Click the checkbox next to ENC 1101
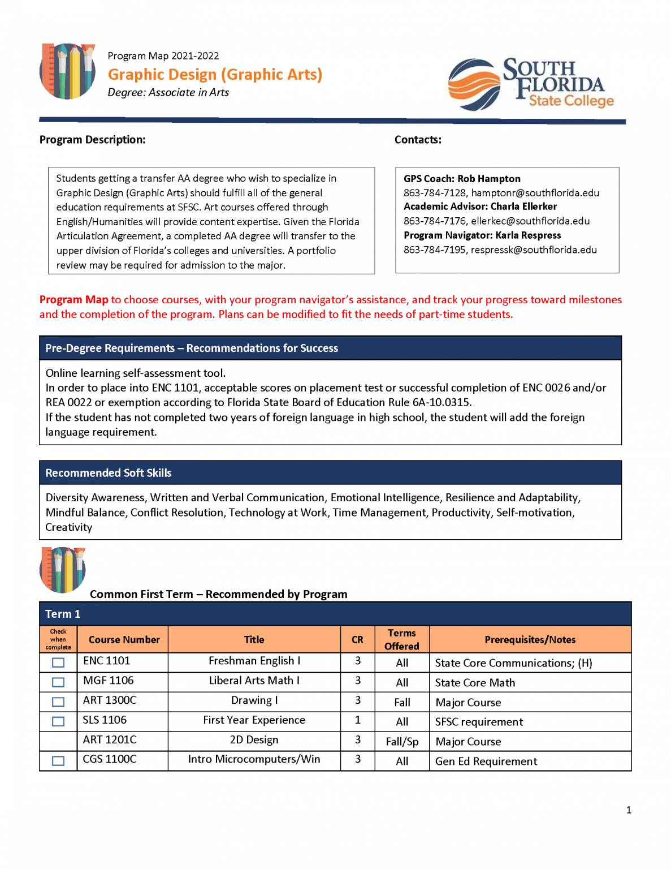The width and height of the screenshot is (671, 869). [58, 662]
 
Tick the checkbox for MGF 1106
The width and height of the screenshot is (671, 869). [58, 682]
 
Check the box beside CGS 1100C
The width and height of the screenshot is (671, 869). [58, 761]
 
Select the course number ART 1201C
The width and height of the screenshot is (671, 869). [110, 740]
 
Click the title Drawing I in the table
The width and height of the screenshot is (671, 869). [254, 700]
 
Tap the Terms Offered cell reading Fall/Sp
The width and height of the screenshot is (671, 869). [402, 742]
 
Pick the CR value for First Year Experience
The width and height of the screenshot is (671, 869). [358, 720]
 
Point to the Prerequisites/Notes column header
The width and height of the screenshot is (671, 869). [530, 640]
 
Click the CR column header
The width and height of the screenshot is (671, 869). [357, 640]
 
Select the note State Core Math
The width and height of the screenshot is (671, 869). [475, 683]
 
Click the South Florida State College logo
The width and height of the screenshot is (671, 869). [531, 84]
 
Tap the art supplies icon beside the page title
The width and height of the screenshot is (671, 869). [67, 71]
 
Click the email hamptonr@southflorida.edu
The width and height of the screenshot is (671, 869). [535, 193]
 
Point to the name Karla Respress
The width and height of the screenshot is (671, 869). [528, 235]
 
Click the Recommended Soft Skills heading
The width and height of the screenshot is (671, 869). [109, 473]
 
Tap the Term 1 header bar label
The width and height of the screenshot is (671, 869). [63, 614]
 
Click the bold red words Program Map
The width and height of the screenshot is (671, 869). [73, 300]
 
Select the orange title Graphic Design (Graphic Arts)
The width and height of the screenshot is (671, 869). [215, 75]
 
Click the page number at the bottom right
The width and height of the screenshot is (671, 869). [629, 810]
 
